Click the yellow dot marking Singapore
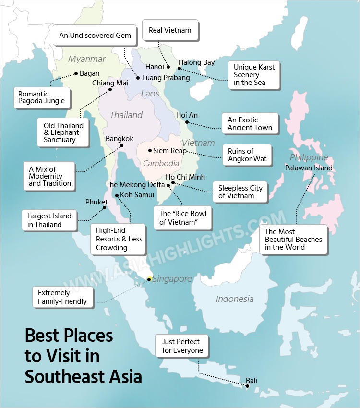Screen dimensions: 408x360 click(x=149, y=279)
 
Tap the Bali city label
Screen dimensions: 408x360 click(x=252, y=381)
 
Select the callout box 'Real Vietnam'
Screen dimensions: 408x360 click(x=170, y=30)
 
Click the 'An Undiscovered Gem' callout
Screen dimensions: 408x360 click(x=95, y=36)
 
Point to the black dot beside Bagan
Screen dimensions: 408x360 click(x=76, y=74)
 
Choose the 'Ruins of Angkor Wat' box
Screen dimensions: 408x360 click(x=247, y=155)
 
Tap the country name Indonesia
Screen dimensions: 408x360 click(x=234, y=299)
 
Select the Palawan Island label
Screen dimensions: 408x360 click(x=308, y=168)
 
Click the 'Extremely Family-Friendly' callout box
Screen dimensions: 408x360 click(x=62, y=297)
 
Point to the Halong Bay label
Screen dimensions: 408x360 click(x=196, y=62)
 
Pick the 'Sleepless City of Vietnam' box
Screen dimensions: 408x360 click(x=240, y=192)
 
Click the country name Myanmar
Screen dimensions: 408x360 click(x=86, y=59)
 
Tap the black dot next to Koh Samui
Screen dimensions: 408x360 click(x=117, y=195)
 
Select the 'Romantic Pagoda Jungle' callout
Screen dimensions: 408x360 click(x=41, y=98)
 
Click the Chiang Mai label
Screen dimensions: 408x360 click(x=110, y=83)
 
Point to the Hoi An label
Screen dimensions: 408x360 click(x=187, y=115)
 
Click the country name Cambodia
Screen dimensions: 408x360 click(x=161, y=163)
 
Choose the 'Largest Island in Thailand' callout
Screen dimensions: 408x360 click(x=49, y=220)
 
